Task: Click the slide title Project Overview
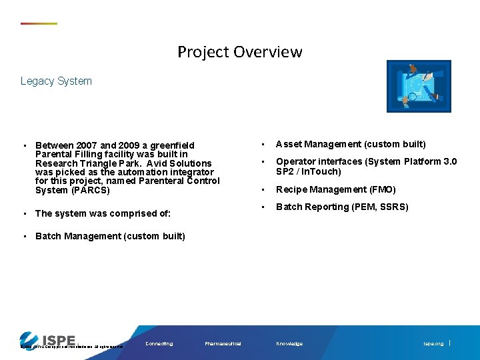(239, 52)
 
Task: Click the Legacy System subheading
(56, 81)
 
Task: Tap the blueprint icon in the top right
(419, 86)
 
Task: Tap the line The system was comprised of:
(103, 213)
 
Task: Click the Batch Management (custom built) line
(110, 236)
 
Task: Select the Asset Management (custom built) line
(351, 144)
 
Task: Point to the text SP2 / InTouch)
(309, 171)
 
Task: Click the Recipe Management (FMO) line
(336, 189)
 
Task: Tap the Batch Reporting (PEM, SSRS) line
(342, 207)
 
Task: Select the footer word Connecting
(159, 344)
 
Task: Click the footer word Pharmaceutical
(223, 344)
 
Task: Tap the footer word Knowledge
(289, 344)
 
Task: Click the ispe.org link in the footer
(433, 344)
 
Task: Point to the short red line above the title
(39, 24)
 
